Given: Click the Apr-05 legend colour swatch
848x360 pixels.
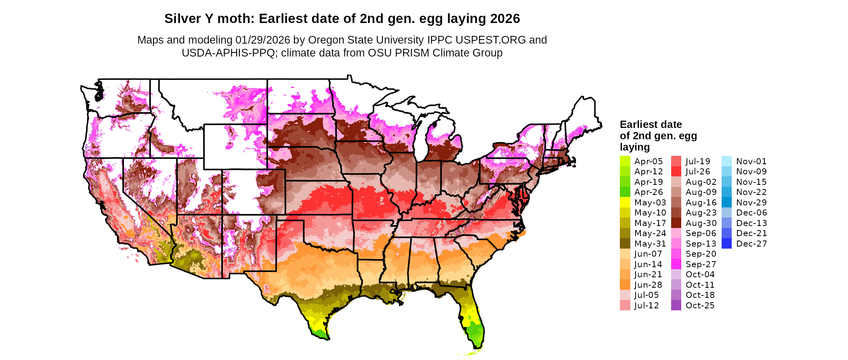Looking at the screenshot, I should point(625,161).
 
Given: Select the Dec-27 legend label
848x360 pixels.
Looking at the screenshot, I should point(751,244).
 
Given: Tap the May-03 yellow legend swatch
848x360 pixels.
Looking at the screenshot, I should point(625,202).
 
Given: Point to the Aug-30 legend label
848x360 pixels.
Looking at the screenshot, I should point(701,223).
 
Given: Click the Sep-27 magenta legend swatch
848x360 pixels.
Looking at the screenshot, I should point(676,264).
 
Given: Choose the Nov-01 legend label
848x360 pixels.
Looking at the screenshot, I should point(751,161).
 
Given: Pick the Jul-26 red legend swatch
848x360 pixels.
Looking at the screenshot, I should point(676,172).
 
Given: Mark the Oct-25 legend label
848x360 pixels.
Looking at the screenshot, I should point(700,306).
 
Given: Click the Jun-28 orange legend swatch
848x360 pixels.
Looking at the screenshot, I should point(625,285).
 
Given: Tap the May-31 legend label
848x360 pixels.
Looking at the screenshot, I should point(650,244).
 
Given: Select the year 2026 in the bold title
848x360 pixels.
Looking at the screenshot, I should point(505,19).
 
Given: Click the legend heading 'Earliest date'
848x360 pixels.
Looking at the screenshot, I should point(651,124).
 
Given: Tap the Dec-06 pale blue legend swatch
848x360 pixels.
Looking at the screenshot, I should point(726,213).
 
